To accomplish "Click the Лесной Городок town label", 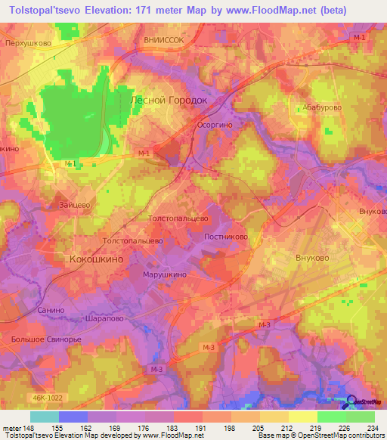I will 169,99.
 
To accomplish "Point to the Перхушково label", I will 27,43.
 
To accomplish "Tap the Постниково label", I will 226,236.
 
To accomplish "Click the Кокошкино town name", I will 96,259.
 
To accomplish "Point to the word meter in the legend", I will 11,427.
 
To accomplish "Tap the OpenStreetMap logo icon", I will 351,401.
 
